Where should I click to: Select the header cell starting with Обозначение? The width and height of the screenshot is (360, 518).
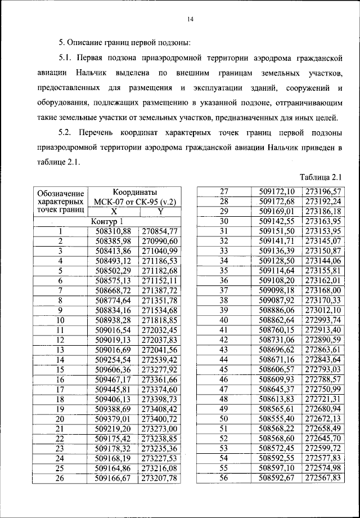click(60, 201)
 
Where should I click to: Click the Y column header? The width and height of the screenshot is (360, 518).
click(160, 211)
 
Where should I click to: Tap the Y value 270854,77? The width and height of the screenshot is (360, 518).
click(160, 231)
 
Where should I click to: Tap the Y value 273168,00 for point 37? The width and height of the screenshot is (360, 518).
click(323, 290)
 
